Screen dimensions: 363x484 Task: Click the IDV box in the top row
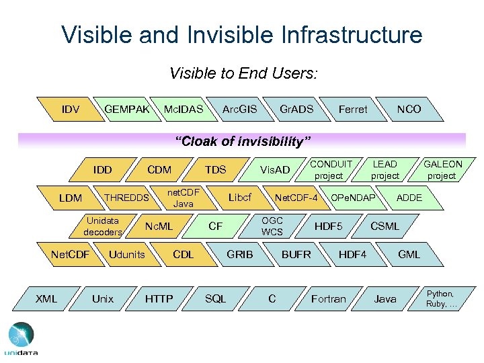coord(71,109)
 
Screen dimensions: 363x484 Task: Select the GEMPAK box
coord(127,109)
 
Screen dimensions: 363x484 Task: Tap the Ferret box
coord(353,109)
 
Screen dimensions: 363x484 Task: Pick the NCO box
coord(409,109)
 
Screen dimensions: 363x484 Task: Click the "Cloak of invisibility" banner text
coord(243,141)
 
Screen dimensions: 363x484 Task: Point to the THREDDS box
coord(126,198)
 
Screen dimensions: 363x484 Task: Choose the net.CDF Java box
coord(183,198)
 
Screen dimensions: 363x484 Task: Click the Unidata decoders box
coord(103,226)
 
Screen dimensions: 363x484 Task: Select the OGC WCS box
coord(272,226)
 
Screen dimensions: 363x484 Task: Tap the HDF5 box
coord(329,227)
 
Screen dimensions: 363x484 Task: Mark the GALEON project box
coord(442,169)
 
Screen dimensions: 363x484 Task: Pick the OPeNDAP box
coord(353,198)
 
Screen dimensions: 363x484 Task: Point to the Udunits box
coord(127,254)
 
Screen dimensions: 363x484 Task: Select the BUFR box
coord(296,254)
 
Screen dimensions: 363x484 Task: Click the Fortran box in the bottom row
coord(329,298)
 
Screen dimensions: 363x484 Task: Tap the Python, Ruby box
coord(441,298)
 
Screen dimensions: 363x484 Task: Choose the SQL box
coord(215,298)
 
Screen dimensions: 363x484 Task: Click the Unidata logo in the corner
coord(21,339)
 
